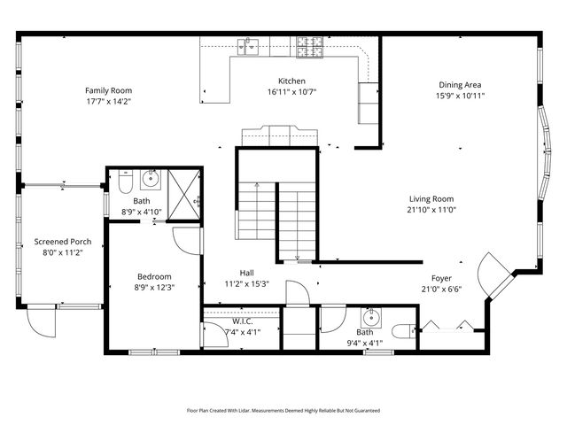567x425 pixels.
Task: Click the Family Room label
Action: pos(108,90)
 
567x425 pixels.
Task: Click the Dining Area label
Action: pos(461,85)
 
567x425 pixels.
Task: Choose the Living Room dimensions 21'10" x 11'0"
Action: pos(431,210)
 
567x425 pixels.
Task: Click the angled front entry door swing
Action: pos(490,270)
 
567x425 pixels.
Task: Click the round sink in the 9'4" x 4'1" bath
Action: pos(371,318)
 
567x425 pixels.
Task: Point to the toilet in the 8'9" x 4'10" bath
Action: pos(124,182)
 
